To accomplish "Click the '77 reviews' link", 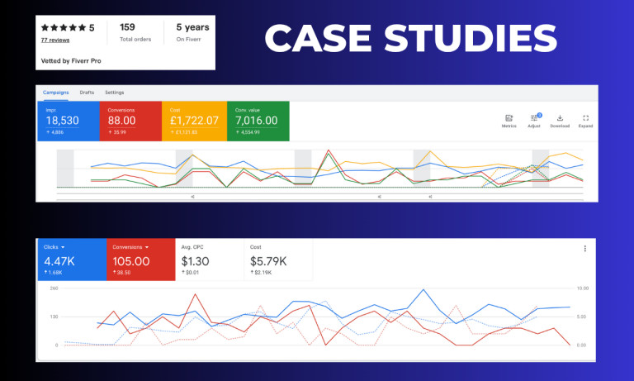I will coord(55,40).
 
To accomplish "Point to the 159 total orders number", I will coord(128,26).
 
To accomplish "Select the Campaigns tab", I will coord(56,92).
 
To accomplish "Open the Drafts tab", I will coord(87,92).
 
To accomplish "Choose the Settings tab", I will coord(115,92).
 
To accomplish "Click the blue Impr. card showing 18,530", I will coord(68,121).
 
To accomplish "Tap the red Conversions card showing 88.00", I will coord(130,121).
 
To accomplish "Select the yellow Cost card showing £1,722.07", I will coord(192,121).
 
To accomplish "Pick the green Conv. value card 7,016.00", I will coord(257,121).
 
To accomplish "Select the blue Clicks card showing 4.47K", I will coord(71,260).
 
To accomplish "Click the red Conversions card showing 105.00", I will coord(140,260).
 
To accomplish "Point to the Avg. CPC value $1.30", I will coord(196,261).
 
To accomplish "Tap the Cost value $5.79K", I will coord(270,261).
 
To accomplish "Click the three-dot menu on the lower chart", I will coord(585,248).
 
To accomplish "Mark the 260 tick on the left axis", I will coord(54,288).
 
